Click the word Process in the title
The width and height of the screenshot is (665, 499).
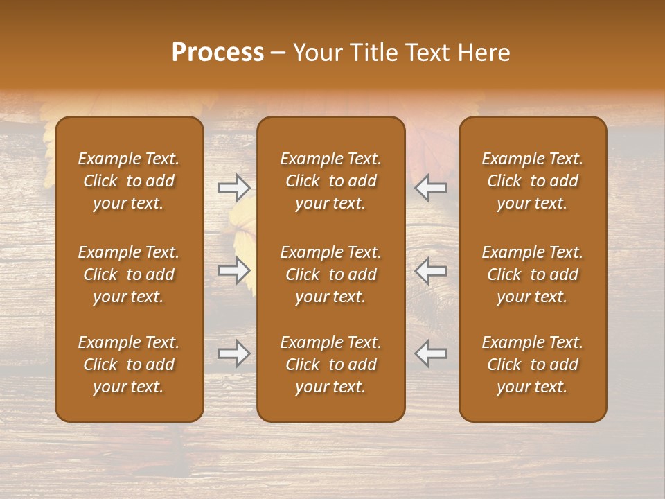(x=218, y=53)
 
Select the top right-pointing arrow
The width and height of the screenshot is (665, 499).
(x=234, y=188)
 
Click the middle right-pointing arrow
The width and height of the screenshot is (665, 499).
(x=234, y=271)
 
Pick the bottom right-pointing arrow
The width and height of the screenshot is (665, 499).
(x=234, y=353)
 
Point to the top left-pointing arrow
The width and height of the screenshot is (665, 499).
(x=431, y=188)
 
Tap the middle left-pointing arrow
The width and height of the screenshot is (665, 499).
(x=431, y=271)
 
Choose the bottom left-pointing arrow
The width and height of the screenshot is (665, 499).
(x=431, y=353)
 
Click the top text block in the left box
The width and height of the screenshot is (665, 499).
(x=129, y=181)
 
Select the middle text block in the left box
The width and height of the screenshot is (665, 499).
(x=129, y=274)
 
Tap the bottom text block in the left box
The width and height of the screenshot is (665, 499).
(x=129, y=365)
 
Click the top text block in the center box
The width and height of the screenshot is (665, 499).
(x=330, y=181)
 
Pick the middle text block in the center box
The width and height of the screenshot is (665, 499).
(x=330, y=274)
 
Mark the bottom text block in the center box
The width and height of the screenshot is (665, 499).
(x=330, y=365)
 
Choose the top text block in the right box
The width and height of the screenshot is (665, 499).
(x=532, y=181)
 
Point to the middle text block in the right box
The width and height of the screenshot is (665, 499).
(x=532, y=274)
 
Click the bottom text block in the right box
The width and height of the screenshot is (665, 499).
(x=532, y=365)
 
